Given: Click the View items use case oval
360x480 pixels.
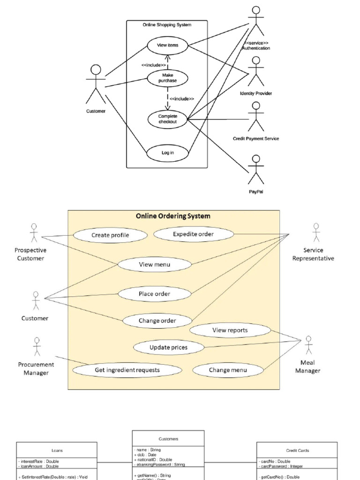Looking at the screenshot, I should point(167,45).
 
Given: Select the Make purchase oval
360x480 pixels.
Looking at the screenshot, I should point(167,78).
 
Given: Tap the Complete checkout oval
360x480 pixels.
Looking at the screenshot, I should point(167,119).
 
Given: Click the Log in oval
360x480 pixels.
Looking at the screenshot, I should point(167,153).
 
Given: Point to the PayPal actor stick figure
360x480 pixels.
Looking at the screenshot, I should point(256,170).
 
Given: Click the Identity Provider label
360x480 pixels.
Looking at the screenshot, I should point(256,93).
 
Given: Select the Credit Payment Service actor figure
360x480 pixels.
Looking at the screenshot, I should point(256,117).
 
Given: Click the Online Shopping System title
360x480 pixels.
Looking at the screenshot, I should point(167,25).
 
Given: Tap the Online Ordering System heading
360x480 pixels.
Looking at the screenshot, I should point(173,216).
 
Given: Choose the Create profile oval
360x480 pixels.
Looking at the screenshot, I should point(110,235).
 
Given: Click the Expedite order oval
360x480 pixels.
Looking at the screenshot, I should point(193,234).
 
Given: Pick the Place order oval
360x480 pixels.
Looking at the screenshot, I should point(154,294).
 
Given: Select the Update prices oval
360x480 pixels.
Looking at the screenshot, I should point(168,347).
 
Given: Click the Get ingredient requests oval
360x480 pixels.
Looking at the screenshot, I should point(127,370).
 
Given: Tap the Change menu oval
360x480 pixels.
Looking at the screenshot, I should point(228,370).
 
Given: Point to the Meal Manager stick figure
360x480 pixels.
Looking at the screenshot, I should point(308,345).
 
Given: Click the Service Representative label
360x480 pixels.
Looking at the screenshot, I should point(313,254).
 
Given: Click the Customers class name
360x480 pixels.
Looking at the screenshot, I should point(168,439).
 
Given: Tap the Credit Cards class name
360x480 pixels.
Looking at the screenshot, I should point(297,450).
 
